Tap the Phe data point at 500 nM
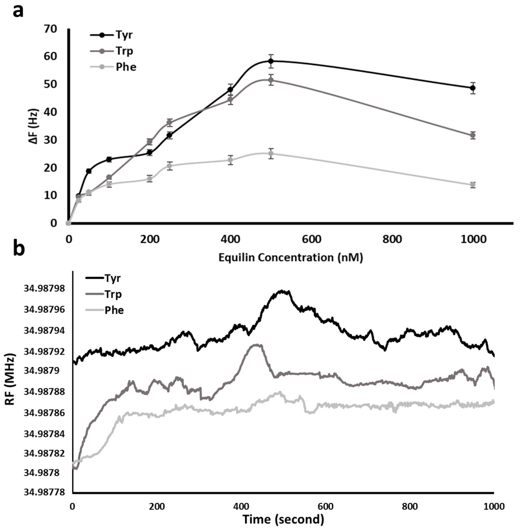click(x=271, y=153)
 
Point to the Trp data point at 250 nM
click(x=170, y=122)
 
